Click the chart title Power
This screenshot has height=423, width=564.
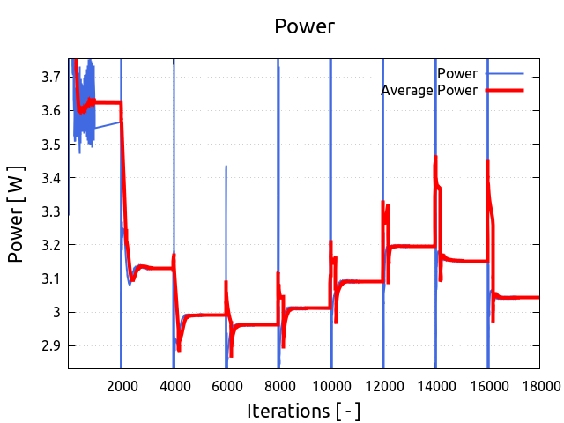(x=304, y=26)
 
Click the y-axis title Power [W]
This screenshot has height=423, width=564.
(x=17, y=213)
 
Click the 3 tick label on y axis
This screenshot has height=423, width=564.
(x=56, y=312)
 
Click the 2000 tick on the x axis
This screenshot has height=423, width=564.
(x=122, y=384)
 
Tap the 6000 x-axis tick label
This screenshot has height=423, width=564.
(x=226, y=384)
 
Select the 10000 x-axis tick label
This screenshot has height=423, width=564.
(x=330, y=384)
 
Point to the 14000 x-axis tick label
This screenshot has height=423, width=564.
(x=435, y=384)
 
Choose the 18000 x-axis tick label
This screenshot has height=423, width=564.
(x=539, y=384)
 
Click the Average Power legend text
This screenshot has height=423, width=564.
(x=429, y=90)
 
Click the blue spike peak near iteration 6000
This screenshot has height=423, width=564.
(x=226, y=167)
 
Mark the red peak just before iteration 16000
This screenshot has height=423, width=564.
(x=488, y=161)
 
